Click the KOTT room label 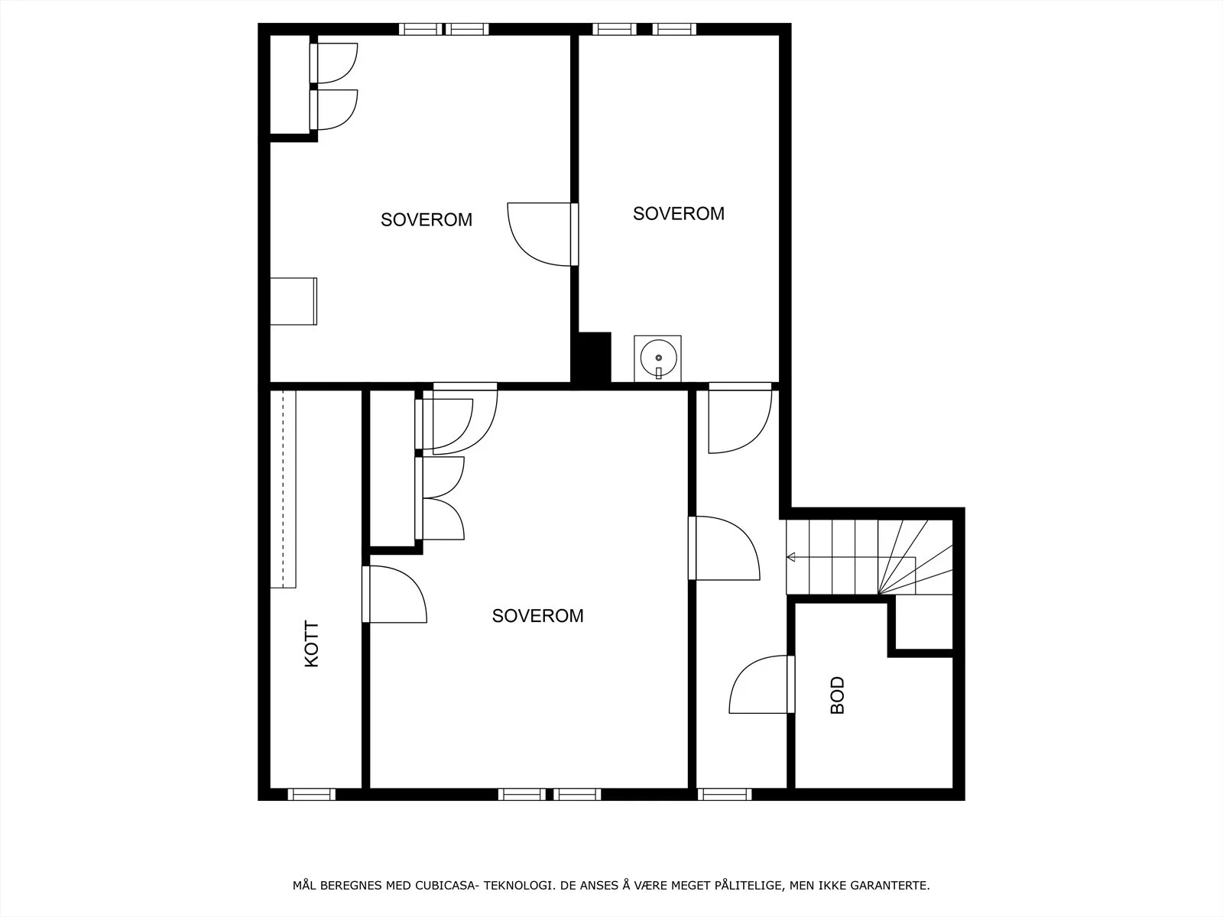click(312, 644)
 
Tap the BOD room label click(838, 695)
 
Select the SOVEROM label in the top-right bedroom click(679, 214)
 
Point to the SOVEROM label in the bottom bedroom click(537, 616)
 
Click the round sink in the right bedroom click(658, 358)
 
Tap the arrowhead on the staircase click(790, 557)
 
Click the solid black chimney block click(595, 358)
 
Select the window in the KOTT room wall click(311, 795)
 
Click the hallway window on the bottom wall click(725, 795)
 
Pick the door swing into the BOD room click(761, 684)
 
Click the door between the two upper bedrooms click(543, 235)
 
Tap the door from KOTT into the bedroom click(394, 594)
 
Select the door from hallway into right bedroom click(740, 418)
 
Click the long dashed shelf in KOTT click(283, 489)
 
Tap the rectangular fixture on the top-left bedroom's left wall click(294, 301)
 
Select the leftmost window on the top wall click(420, 29)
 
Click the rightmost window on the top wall click(674, 29)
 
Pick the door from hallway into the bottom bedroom click(724, 549)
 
